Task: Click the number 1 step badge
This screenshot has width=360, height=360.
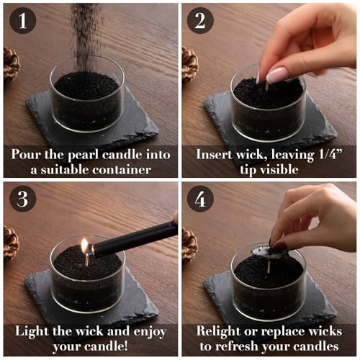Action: [x=23, y=20]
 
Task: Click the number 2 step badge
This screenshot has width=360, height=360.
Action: [x=200, y=20]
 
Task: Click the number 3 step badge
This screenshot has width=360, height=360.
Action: [x=23, y=199]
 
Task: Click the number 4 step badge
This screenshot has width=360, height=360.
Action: [x=200, y=199]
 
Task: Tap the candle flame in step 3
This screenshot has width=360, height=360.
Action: [x=84, y=246]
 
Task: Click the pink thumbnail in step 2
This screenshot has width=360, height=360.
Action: [x=276, y=74]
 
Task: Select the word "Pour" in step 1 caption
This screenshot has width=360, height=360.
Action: [x=26, y=154]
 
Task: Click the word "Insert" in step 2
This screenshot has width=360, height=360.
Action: [x=214, y=154]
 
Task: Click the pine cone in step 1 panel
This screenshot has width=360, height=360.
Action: [x=11, y=63]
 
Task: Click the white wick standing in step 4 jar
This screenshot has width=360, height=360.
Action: [x=269, y=267]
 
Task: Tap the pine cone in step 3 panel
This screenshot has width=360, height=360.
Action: [x=11, y=243]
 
